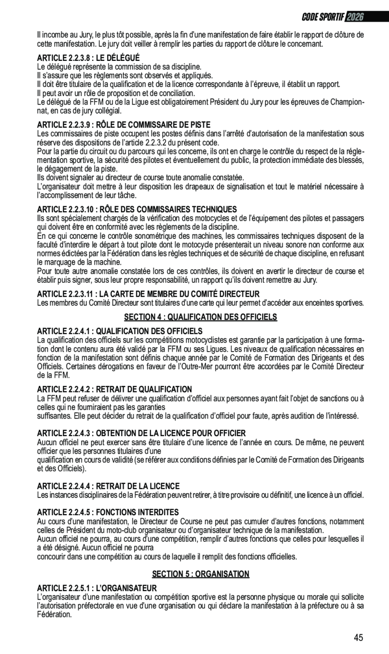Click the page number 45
(358, 638)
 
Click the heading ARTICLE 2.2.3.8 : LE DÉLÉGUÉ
(89, 58)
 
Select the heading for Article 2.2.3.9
(124, 125)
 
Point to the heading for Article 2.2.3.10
(137, 209)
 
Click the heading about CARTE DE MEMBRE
(148, 294)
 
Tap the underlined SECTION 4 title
(201, 317)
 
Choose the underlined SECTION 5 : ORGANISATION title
(201, 574)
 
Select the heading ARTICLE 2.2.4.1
(120, 331)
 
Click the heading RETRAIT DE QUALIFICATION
(115, 389)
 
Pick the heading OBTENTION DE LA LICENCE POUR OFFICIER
(141, 433)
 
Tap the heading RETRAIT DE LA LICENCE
(108, 486)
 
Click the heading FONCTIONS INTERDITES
(108, 513)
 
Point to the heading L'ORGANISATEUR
(97, 588)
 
